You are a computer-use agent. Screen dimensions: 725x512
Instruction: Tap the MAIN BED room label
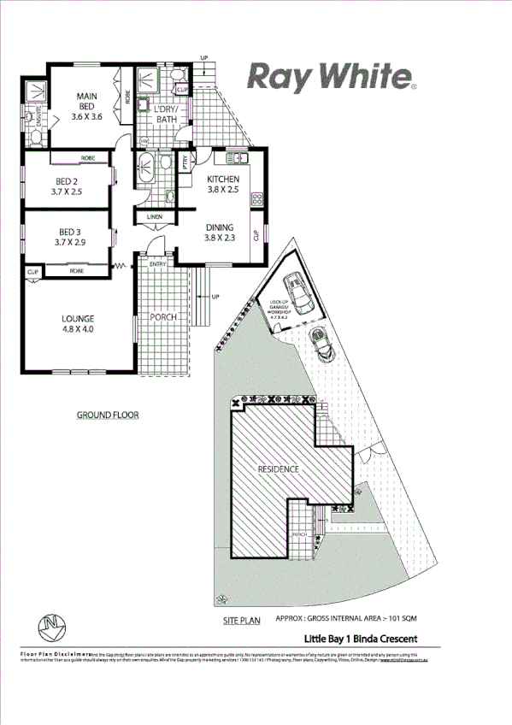coord(85,106)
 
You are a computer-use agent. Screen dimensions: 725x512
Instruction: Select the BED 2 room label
coord(68,186)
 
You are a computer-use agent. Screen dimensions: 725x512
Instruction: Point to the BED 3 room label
coord(68,237)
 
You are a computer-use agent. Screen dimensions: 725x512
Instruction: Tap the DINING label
coord(219,233)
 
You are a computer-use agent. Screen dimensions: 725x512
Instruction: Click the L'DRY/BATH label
coord(165,115)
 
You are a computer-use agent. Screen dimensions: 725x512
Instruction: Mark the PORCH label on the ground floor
coord(162,318)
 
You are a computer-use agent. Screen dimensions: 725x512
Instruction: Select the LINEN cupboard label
coord(155,217)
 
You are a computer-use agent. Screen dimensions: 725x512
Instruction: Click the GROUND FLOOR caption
coord(108,416)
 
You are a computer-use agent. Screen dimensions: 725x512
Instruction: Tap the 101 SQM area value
coord(403,618)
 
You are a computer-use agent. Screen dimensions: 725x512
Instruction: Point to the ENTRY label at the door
coord(158,265)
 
